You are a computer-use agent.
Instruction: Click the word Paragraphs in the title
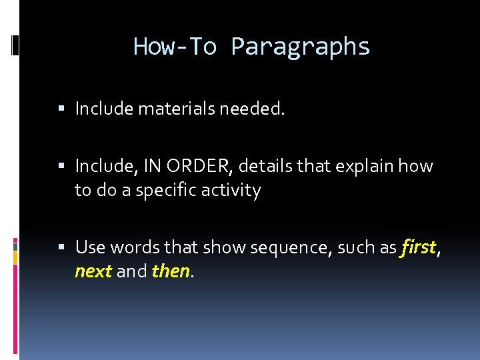pos(300,47)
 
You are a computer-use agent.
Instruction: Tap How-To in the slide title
pos(175,47)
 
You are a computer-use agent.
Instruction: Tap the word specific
pos(166,191)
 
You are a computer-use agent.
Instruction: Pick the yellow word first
pos(418,248)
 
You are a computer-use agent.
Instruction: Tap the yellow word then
pos(171,272)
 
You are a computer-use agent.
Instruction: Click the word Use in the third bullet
pos(90,248)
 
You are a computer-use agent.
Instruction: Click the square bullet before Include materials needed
pos(61,109)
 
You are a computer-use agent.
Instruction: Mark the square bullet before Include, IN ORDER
pos(61,166)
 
